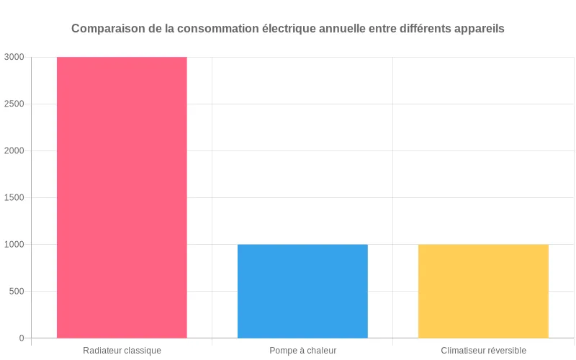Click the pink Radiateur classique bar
tap(122, 197)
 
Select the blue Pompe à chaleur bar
tap(302, 291)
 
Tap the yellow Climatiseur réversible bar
tap(483, 291)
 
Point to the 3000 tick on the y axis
tap(14, 57)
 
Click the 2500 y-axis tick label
tap(14, 104)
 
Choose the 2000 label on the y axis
tap(14, 150)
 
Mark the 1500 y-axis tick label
tap(14, 197)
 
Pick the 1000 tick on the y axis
tap(14, 244)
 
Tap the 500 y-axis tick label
tap(17, 291)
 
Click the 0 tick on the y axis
tap(22, 338)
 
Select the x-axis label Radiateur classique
tap(122, 351)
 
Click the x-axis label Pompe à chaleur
tap(302, 351)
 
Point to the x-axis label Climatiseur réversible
tap(483, 351)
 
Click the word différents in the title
tap(424, 29)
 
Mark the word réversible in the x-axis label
tap(506, 351)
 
